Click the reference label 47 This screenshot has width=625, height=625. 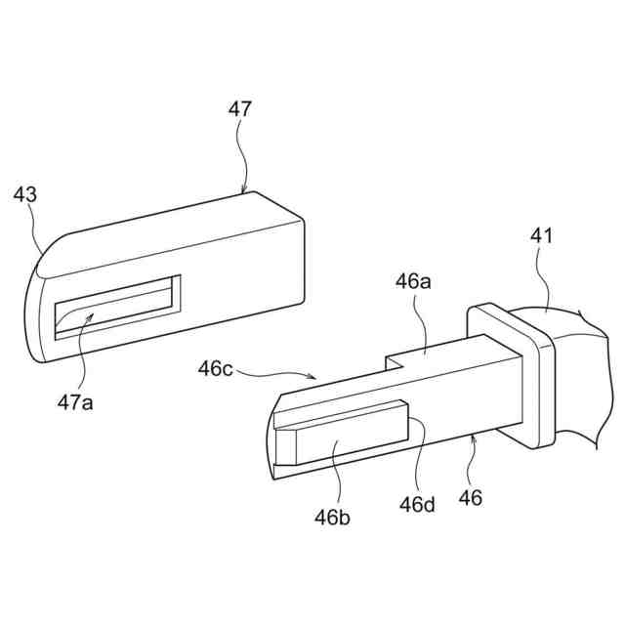click(x=240, y=109)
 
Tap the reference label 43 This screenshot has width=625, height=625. click(x=25, y=194)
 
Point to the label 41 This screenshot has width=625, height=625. click(x=543, y=236)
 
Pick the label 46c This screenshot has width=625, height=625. click(x=216, y=369)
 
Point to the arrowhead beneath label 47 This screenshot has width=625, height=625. click(x=244, y=190)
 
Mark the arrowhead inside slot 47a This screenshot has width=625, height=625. click(x=92, y=313)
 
